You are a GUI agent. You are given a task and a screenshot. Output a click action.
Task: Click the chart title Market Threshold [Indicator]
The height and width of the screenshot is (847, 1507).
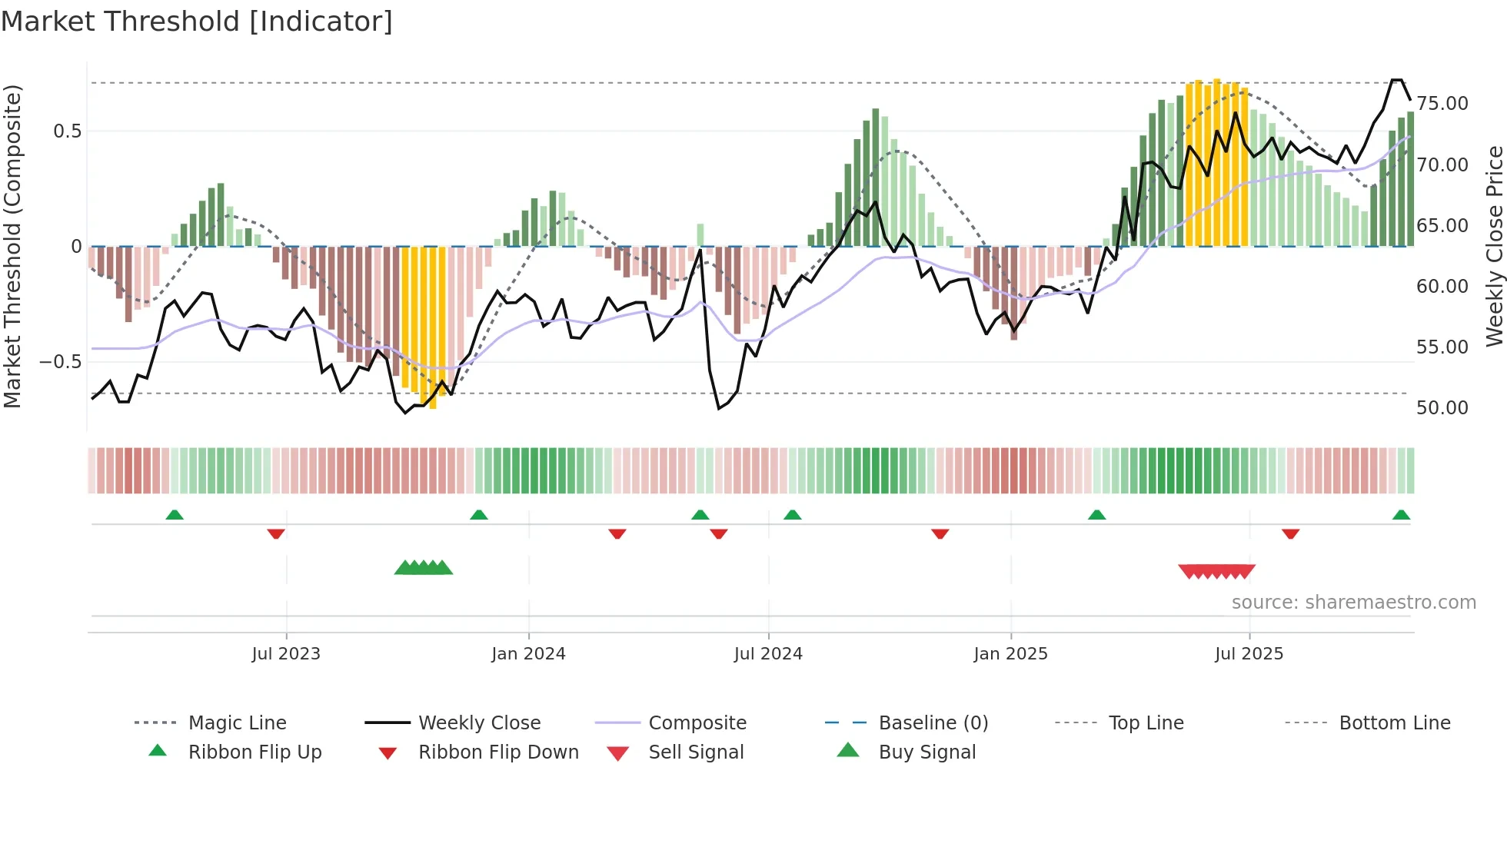tap(197, 22)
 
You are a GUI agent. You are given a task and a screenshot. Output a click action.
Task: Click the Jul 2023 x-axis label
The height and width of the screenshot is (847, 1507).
tap(286, 654)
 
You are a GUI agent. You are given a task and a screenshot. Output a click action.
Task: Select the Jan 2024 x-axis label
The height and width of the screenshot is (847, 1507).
tap(528, 654)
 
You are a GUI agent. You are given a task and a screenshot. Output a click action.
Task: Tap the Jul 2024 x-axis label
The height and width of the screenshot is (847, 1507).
tap(768, 654)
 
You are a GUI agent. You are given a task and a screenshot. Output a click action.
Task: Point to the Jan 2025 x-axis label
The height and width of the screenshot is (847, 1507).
tap(1010, 654)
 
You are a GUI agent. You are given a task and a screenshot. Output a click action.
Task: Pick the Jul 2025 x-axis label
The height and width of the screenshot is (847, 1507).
tap(1249, 654)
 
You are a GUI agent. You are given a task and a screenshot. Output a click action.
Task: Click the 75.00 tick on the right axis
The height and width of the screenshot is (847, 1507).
tap(1442, 104)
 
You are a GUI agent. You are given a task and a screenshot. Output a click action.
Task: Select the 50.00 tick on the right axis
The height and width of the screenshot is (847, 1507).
tap(1442, 408)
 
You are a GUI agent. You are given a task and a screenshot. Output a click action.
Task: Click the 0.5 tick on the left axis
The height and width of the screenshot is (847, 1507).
tap(67, 131)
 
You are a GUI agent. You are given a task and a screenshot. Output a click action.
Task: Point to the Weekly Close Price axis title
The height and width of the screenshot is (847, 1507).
tap(1494, 246)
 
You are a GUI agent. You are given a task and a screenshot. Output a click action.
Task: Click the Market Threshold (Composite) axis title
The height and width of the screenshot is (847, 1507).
tap(12, 246)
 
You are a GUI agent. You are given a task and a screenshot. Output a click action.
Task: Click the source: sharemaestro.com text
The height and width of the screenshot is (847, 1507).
tap(1353, 603)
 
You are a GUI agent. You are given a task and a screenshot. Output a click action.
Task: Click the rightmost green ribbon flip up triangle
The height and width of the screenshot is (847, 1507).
tap(1401, 515)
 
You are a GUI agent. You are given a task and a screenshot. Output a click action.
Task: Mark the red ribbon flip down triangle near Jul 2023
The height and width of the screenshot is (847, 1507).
tap(276, 534)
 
